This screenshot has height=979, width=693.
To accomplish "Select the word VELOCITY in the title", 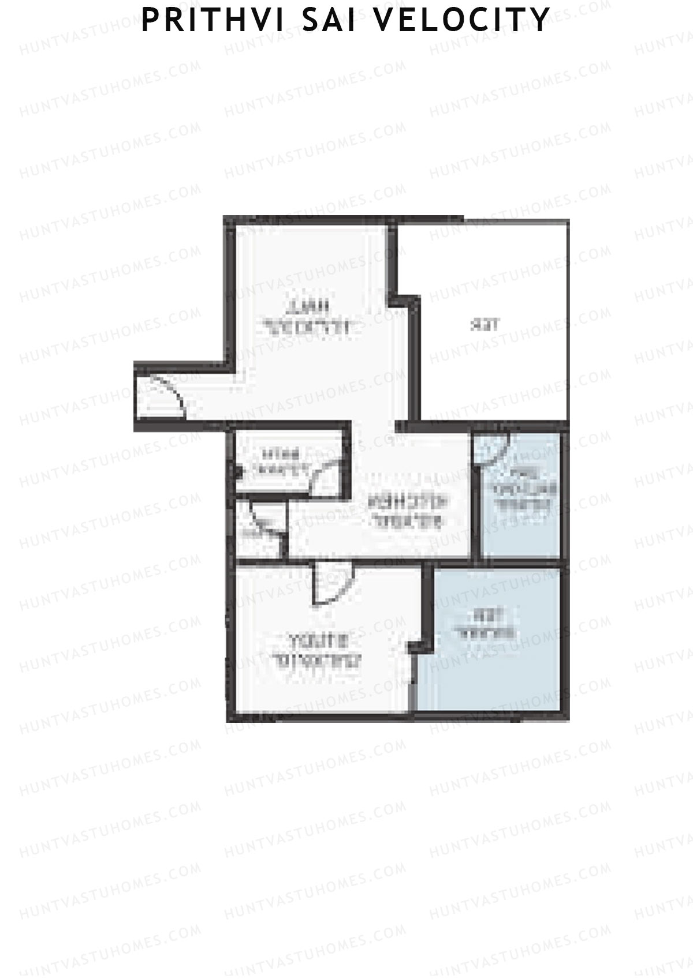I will pyautogui.click(x=460, y=20).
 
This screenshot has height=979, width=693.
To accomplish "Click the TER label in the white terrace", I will pyautogui.click(x=485, y=324).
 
